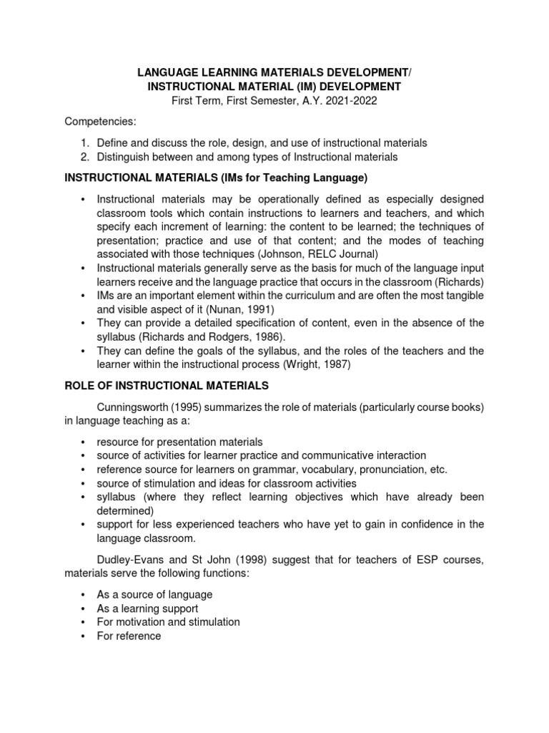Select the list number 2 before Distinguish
pos(84,156)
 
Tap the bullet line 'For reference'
pos(129,636)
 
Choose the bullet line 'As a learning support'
pos(147,608)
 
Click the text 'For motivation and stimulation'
pos(168,622)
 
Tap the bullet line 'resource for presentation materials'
pos(179,442)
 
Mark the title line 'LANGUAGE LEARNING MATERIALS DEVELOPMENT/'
pos(274,72)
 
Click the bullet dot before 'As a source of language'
pos(84,595)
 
